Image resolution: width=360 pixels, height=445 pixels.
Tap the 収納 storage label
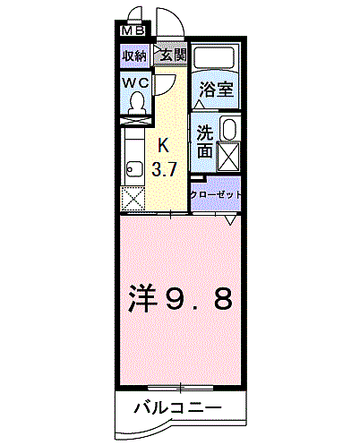[x=134, y=56]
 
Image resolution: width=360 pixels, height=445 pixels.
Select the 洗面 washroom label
[x=204, y=141]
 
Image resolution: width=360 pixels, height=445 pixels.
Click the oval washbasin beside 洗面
[x=229, y=129]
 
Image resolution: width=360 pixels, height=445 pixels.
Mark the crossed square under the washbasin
[x=229, y=158]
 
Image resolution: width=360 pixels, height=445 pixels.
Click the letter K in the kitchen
[x=164, y=146]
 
